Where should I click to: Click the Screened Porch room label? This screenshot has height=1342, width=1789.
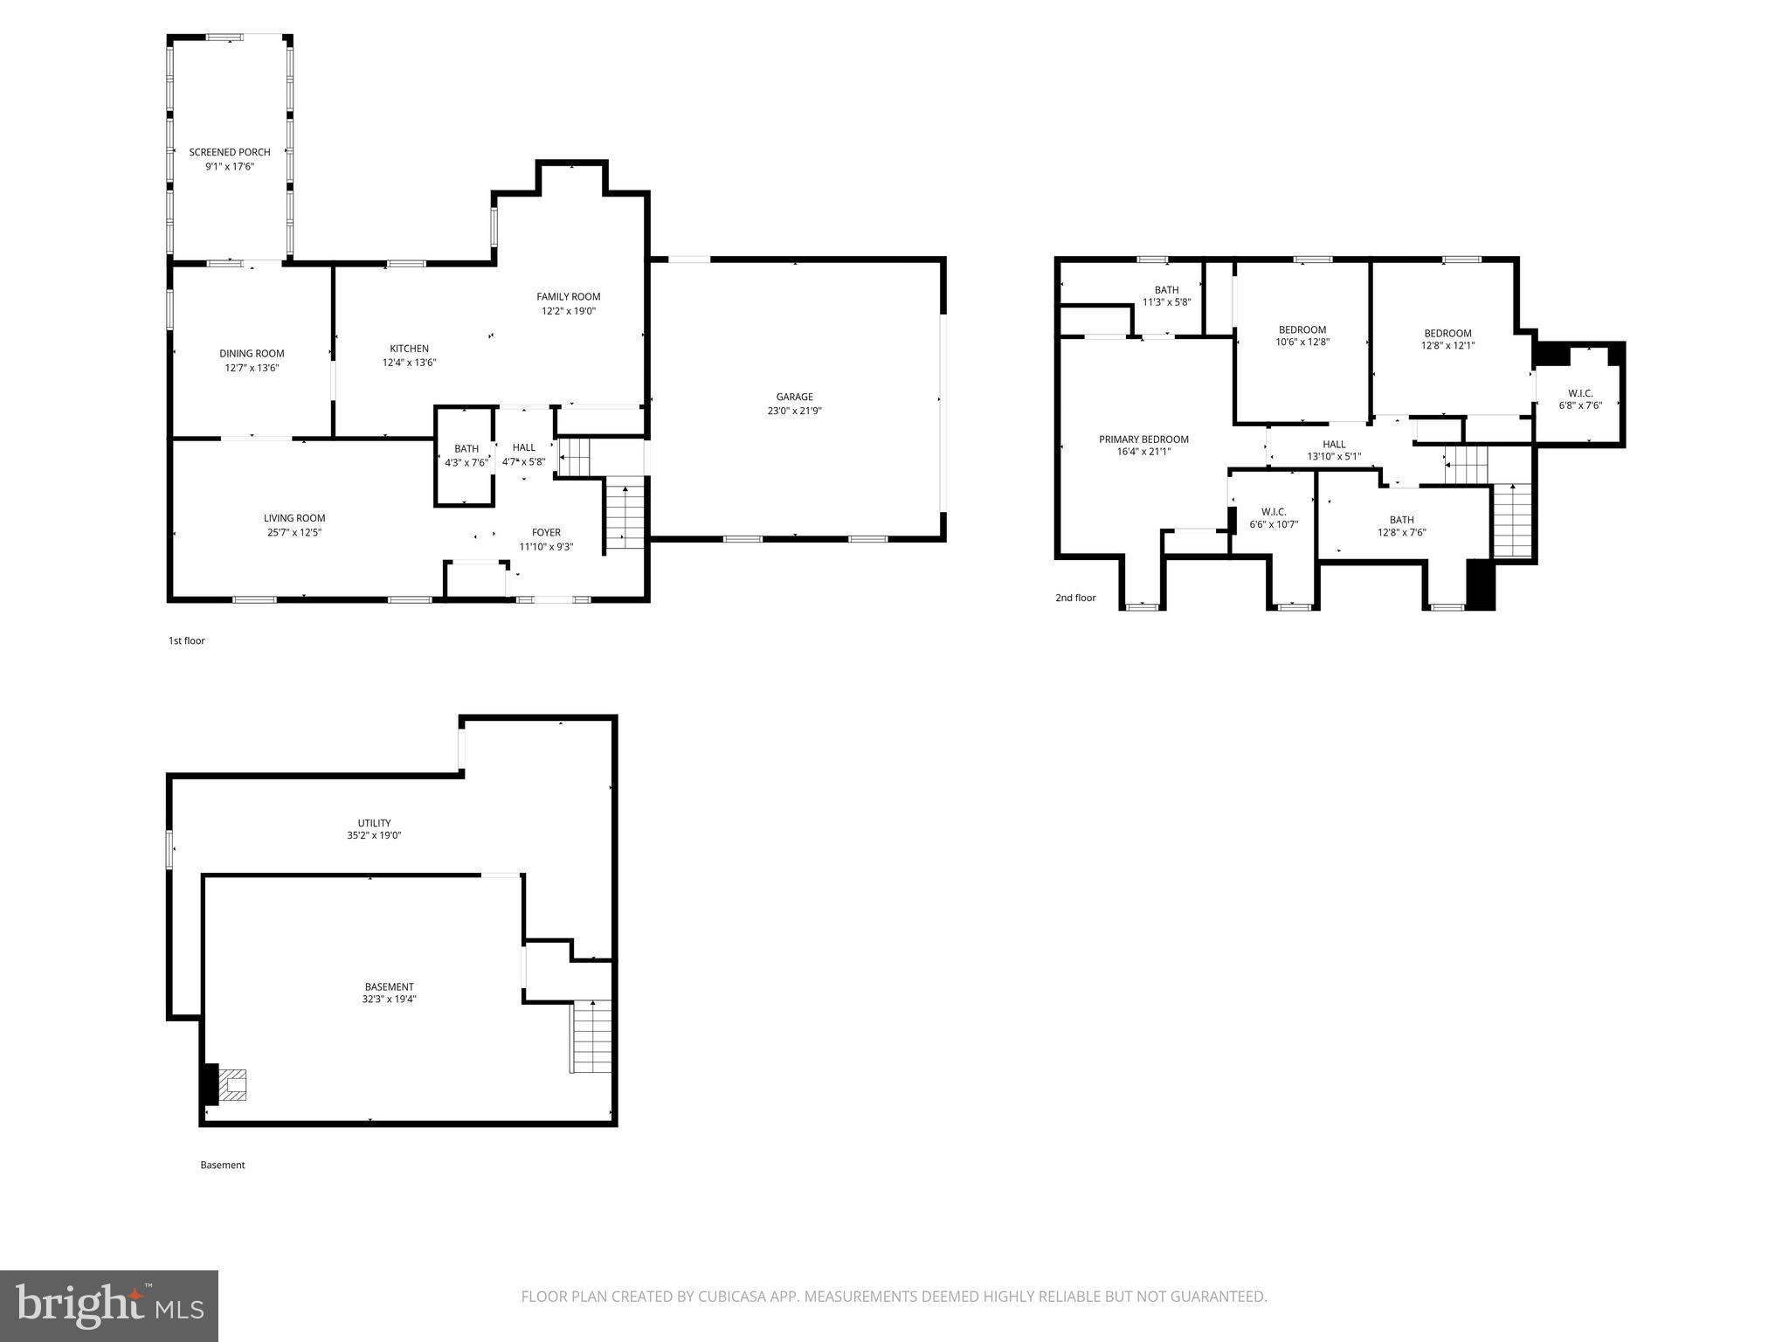click(230, 152)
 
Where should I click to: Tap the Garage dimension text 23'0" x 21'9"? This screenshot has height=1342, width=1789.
click(794, 411)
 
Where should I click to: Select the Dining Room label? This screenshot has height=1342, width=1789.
click(252, 354)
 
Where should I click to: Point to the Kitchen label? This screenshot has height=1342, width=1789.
click(409, 349)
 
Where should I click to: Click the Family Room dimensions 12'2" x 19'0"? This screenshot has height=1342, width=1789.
click(568, 311)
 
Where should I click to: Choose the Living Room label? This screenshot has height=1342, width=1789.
click(294, 518)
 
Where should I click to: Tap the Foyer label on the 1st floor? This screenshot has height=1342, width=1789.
click(546, 532)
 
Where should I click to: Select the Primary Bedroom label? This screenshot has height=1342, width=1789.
click(1143, 439)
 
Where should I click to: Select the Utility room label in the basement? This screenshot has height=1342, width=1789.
click(374, 823)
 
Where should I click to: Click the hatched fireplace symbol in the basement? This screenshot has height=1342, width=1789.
click(232, 1085)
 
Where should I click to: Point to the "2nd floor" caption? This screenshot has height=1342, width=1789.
click(1075, 598)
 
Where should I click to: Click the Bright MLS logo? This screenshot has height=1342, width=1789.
click(109, 1306)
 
